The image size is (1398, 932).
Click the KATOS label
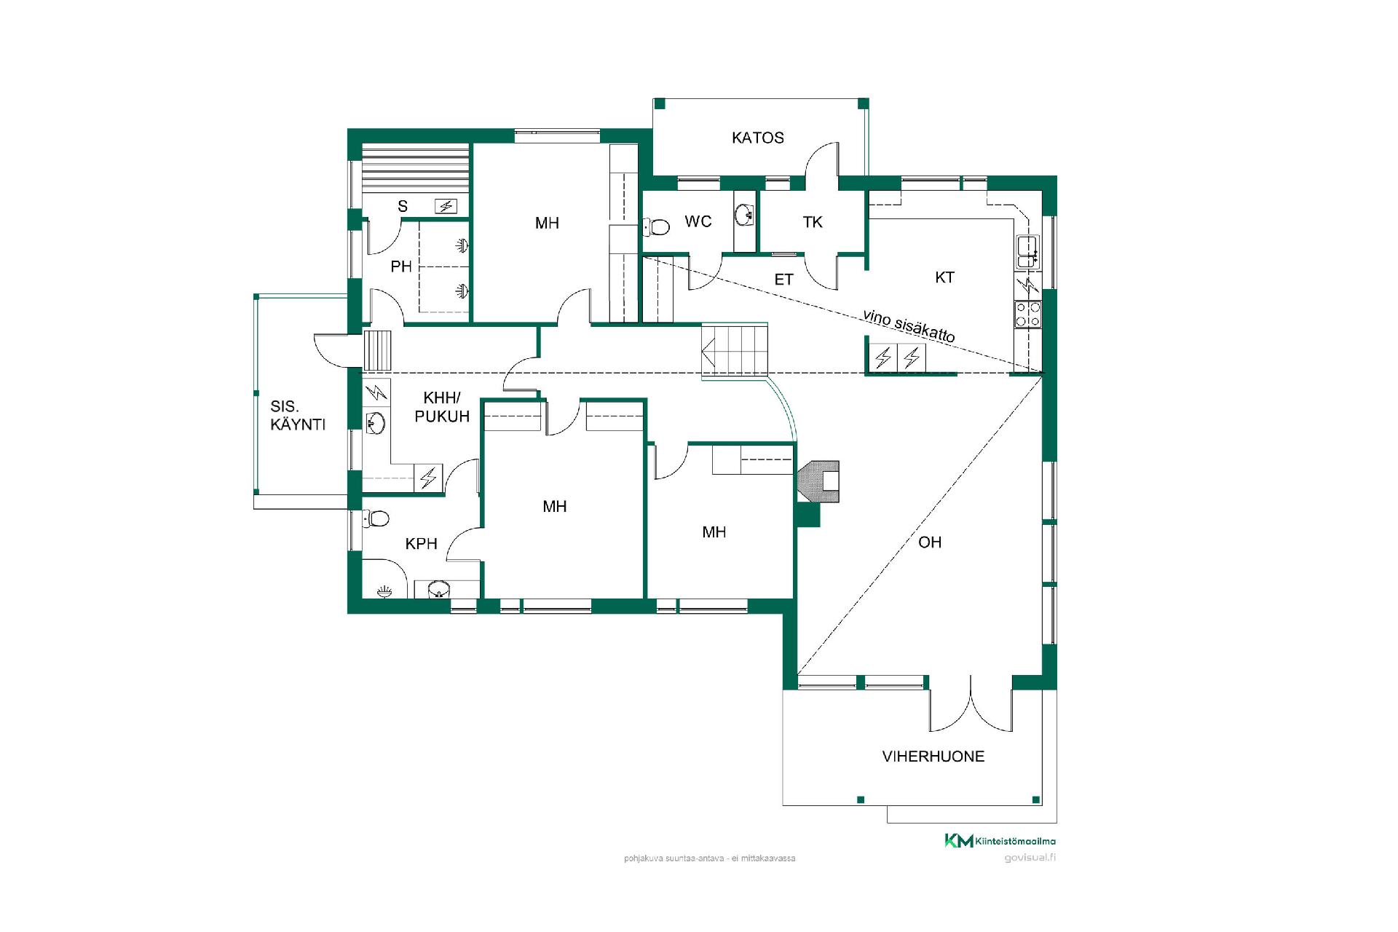click(x=757, y=138)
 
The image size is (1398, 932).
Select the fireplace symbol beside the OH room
click(x=819, y=481)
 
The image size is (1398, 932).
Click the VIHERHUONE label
click(x=933, y=756)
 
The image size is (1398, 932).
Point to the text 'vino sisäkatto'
click(x=909, y=325)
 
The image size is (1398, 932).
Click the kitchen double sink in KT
click(x=1028, y=251)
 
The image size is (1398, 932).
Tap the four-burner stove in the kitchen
click(x=1027, y=314)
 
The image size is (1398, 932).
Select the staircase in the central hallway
click(x=735, y=349)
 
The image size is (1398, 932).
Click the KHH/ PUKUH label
click(x=442, y=407)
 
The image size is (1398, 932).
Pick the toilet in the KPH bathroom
click(x=376, y=518)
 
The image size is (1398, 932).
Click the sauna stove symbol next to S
click(x=446, y=206)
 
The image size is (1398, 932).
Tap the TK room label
click(x=813, y=222)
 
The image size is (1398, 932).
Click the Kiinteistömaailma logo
click(x=1000, y=841)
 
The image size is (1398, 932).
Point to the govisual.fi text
click(x=1030, y=857)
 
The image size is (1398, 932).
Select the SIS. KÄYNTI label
click(x=298, y=416)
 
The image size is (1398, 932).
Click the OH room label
click(x=930, y=542)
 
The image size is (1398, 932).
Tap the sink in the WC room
click(x=744, y=214)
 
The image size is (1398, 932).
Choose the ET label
click(x=783, y=280)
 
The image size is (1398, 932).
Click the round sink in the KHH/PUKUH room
click(x=375, y=422)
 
